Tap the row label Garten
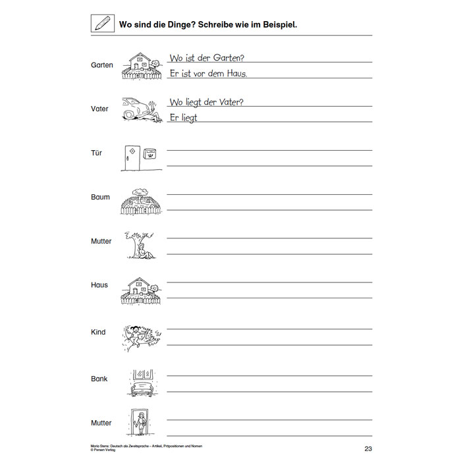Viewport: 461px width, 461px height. (x=102, y=65)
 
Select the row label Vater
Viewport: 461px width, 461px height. (x=100, y=109)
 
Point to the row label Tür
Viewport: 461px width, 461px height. (x=97, y=153)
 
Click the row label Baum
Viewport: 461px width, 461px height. (x=101, y=197)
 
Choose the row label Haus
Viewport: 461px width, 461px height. (x=99, y=285)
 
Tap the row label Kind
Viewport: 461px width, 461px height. (x=98, y=332)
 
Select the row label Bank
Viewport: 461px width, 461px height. (x=99, y=379)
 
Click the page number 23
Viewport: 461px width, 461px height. (x=368, y=450)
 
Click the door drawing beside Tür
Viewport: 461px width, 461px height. (x=131, y=158)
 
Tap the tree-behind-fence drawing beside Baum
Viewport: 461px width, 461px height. (x=141, y=202)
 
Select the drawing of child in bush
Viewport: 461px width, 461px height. (x=141, y=336)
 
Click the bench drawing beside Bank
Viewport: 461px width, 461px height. (x=142, y=381)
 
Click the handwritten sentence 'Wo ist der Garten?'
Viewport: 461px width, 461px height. (x=207, y=58)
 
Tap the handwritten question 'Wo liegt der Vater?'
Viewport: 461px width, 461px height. (x=207, y=102)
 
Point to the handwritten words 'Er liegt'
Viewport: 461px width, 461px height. (x=183, y=117)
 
